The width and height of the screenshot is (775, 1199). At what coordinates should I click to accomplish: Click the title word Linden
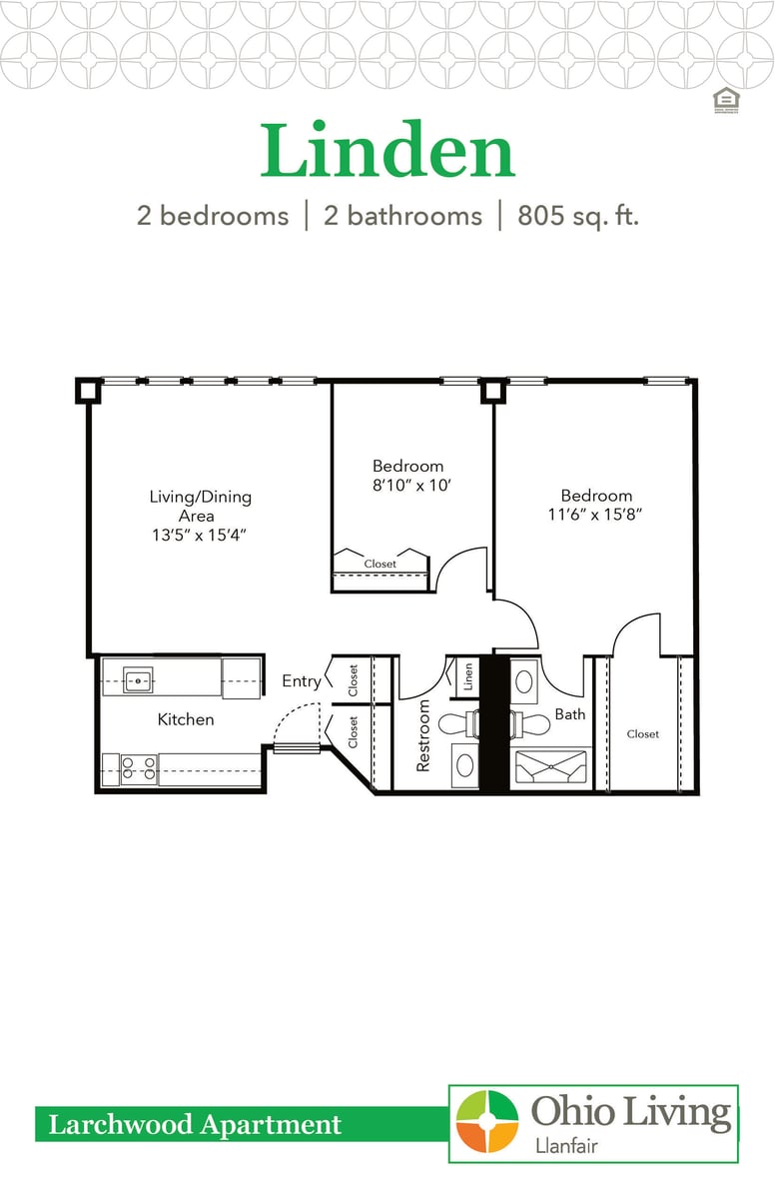pos(387,152)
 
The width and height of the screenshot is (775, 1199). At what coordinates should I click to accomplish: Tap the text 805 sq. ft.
pos(577,216)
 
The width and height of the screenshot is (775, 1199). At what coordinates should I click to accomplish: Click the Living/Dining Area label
pos(200,506)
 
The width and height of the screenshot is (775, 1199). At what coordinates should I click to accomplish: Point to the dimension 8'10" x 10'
pos(407,486)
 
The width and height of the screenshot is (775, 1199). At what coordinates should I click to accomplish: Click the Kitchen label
pos(186,718)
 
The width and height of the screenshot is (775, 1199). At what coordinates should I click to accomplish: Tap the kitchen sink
pos(138,680)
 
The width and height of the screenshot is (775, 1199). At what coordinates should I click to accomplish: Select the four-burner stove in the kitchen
pos(139,767)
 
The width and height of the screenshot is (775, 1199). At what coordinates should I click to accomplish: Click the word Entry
pos(302,681)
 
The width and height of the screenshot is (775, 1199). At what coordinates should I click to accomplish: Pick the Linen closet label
pos(467,676)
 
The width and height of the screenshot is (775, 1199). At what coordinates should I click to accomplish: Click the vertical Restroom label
pos(423,734)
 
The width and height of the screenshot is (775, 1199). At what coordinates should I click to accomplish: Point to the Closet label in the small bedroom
pos(380,564)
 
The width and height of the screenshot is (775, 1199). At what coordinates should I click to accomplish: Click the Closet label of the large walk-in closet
pos(642,733)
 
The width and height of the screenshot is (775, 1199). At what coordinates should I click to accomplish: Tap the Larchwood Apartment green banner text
pos(195,1125)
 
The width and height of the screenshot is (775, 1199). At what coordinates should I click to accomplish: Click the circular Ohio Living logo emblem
pos(487,1122)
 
